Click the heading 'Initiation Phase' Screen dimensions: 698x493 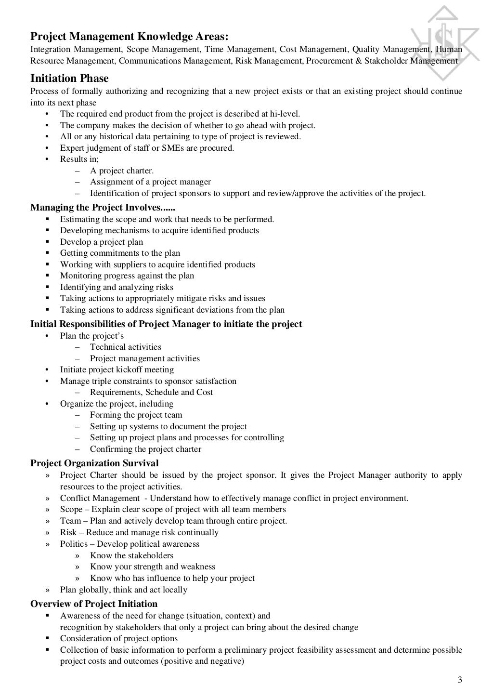pyautogui.click(x=69, y=79)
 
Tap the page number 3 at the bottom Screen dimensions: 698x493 pyautogui.click(x=460, y=680)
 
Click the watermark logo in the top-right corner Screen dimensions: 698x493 pyautogui.click(x=445, y=43)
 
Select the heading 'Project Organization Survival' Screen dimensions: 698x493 pyautogui.click(x=94, y=463)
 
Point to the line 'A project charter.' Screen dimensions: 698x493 pyautogui.click(x=122, y=171)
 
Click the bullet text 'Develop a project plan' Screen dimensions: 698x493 pyautogui.click(x=102, y=242)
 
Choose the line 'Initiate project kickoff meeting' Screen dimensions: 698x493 pyautogui.click(x=117, y=369)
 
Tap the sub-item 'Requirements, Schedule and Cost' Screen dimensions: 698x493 pyautogui.click(x=151, y=392)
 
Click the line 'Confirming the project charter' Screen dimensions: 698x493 pyautogui.click(x=145, y=449)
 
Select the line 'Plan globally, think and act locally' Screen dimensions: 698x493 pyautogui.click(x=124, y=590)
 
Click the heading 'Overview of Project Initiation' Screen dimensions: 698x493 pyautogui.click(x=94, y=604)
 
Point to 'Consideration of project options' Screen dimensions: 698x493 pyautogui.click(x=119, y=638)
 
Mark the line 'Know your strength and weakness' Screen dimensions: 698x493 pyautogui.click(x=153, y=566)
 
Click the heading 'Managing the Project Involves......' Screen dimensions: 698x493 pyautogui.click(x=103, y=208)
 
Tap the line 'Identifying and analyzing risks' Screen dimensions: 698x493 pyautogui.click(x=117, y=287)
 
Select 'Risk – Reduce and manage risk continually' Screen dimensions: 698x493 pyautogui.click(x=139, y=532)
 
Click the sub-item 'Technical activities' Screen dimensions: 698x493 pyautogui.click(x=126, y=347)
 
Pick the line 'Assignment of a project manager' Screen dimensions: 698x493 pyautogui.click(x=150, y=182)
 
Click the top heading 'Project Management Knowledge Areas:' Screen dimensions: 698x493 pyautogui.click(x=130, y=37)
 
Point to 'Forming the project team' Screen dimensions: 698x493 pyautogui.click(x=136, y=415)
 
